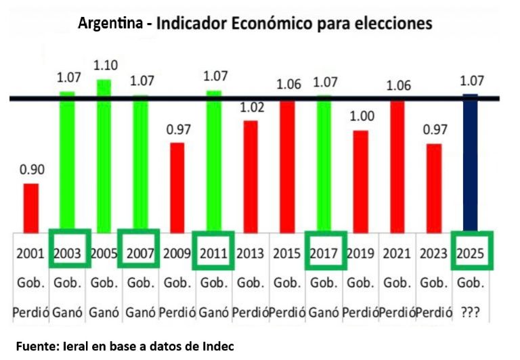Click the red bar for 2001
[x=31, y=207]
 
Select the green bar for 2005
[x=104, y=156]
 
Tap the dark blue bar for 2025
[x=471, y=162]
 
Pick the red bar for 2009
[x=177, y=187]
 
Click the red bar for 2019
[x=361, y=181]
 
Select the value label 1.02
[x=251, y=107]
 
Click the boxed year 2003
[x=68, y=254]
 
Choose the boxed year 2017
[x=324, y=254]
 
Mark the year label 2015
[x=288, y=254]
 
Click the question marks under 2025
[x=471, y=314]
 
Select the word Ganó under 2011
[x=214, y=314]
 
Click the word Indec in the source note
[x=217, y=346]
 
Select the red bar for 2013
[x=251, y=176]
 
